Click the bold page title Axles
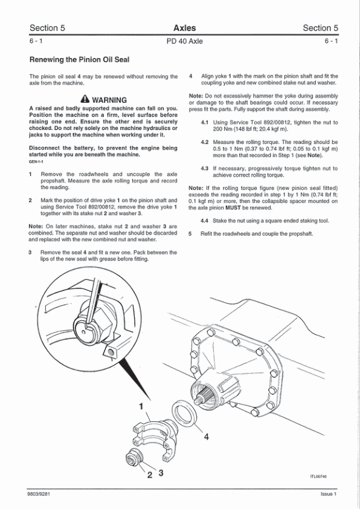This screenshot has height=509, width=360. (x=185, y=28)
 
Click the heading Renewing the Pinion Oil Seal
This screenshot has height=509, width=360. (x=79, y=60)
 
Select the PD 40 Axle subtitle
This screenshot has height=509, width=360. (x=185, y=41)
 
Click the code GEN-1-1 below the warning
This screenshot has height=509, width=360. (x=36, y=161)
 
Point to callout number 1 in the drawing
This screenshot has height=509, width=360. (x=141, y=406)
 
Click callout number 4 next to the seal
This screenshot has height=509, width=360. (x=207, y=436)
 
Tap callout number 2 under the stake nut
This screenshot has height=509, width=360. (x=150, y=475)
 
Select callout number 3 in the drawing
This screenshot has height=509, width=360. (x=161, y=473)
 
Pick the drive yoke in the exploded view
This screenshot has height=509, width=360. (x=156, y=436)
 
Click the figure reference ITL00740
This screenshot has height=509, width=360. (x=318, y=476)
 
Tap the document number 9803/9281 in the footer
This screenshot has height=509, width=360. (x=39, y=494)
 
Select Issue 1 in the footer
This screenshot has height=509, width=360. (x=329, y=494)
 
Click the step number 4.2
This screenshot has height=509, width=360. (x=204, y=142)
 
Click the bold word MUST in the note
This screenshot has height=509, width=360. (x=233, y=208)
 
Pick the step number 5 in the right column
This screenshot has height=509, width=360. (x=190, y=234)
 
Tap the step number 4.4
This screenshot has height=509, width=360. (x=204, y=221)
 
